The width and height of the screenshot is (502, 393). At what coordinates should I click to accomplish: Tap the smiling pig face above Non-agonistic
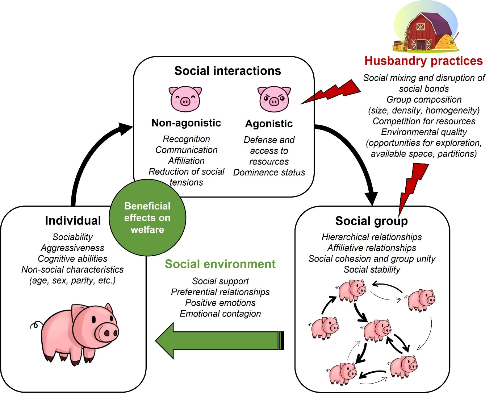[x=185, y=99]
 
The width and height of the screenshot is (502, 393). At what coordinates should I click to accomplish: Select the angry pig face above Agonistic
[x=274, y=99]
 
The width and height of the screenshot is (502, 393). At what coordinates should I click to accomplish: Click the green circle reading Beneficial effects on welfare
[x=147, y=218]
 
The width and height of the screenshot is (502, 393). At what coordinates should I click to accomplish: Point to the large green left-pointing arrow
[x=217, y=341]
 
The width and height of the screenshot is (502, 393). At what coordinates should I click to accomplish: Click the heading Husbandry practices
[x=423, y=61]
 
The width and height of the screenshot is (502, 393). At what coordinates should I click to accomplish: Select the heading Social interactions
[x=227, y=71]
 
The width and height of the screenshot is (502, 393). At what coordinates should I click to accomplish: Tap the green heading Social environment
[x=220, y=264]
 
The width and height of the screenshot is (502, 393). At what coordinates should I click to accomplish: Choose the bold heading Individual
[x=73, y=220]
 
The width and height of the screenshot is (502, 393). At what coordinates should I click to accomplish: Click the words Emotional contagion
[x=220, y=314]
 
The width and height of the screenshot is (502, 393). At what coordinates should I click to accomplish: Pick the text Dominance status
[x=269, y=173]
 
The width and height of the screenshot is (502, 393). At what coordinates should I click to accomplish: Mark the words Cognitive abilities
[x=72, y=259]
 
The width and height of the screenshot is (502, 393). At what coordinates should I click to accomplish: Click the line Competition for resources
[x=424, y=121]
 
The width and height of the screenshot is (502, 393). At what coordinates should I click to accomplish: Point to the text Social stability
[x=372, y=270]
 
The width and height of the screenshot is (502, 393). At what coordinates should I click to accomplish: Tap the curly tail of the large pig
[x=35, y=325]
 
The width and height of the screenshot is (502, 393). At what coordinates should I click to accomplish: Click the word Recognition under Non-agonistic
[x=186, y=139]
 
